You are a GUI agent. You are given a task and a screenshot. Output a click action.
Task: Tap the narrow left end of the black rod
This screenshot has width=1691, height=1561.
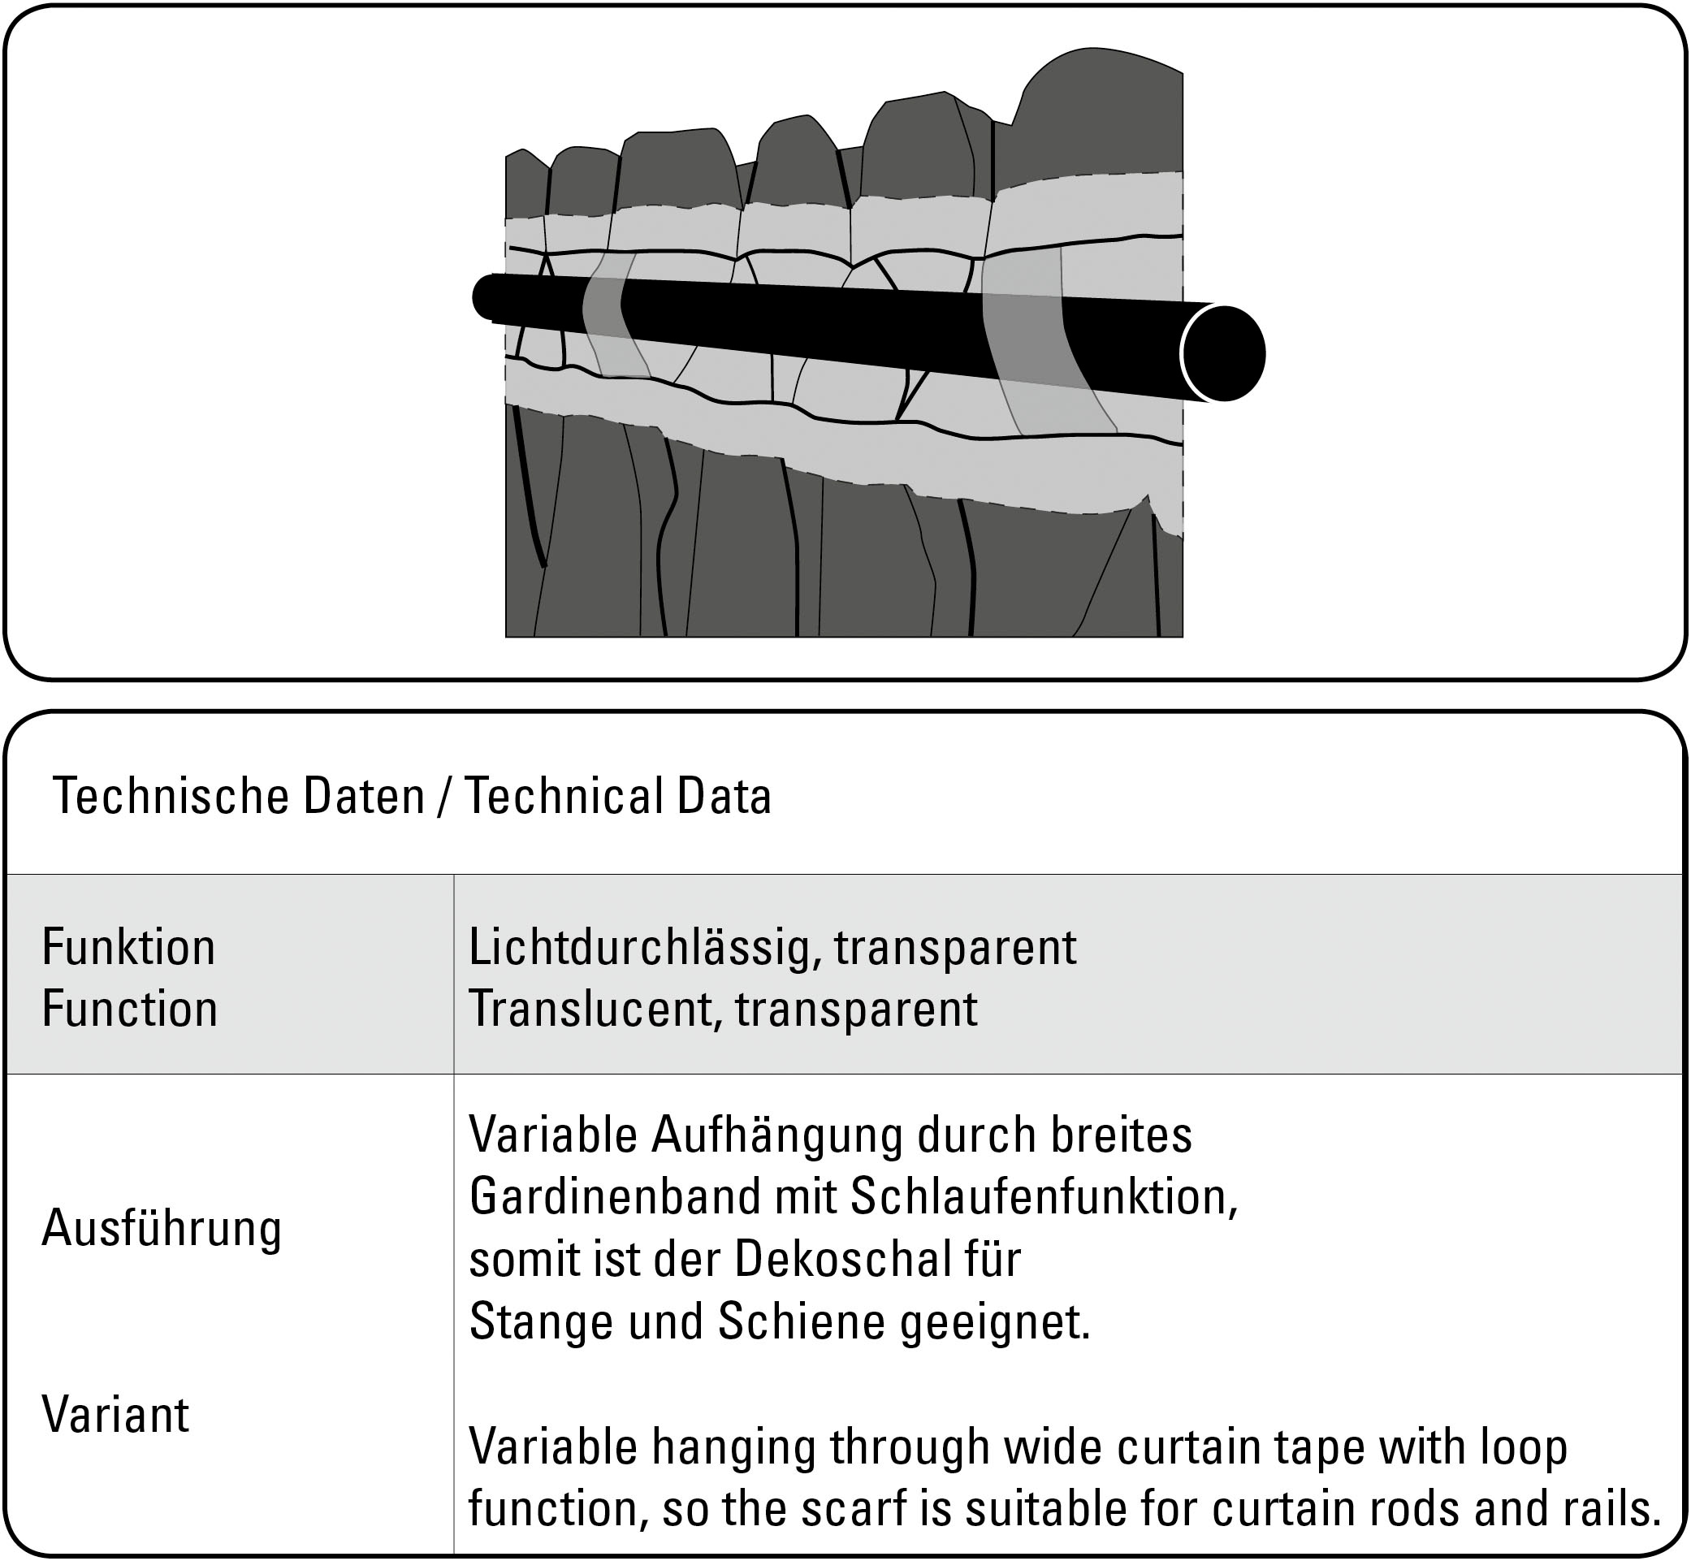pyautogui.click(x=485, y=297)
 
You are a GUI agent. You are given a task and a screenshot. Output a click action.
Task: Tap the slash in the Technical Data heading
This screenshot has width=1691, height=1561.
pyautogui.click(x=443, y=797)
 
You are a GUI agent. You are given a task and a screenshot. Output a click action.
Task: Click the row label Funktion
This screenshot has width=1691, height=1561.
pyautogui.click(x=128, y=947)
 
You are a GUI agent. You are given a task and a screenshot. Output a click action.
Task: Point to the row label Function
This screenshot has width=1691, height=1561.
pyautogui.click(x=129, y=1009)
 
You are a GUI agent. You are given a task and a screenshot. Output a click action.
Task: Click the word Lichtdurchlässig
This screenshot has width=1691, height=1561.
pyautogui.click(x=646, y=947)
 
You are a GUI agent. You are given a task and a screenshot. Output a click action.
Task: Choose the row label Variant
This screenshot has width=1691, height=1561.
pyautogui.click(x=115, y=1414)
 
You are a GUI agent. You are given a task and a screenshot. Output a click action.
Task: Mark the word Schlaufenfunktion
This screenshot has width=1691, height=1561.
pyautogui.click(x=1043, y=1197)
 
